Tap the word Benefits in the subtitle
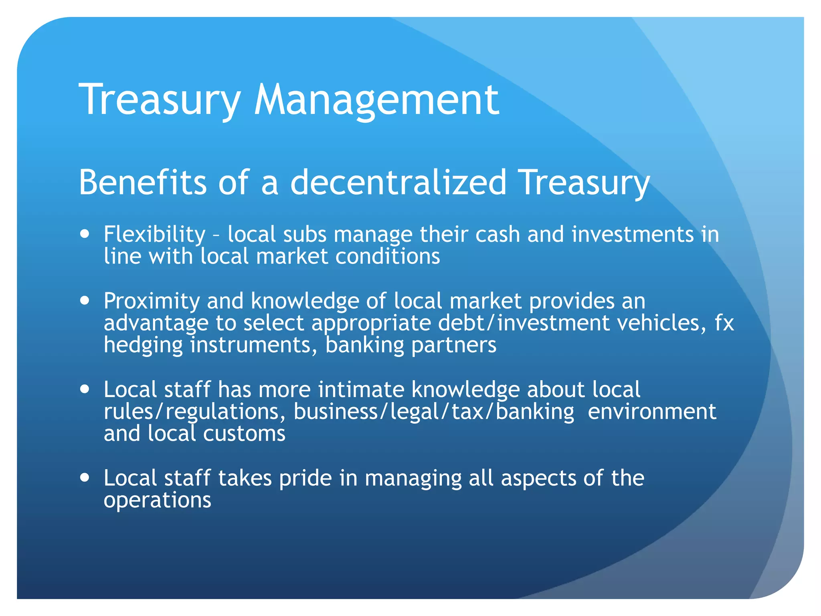143,182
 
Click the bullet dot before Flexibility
85,234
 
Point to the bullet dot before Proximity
85,300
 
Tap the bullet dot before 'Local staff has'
85,389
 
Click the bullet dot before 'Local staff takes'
85,478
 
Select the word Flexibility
154,234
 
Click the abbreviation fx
724,323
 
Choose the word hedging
143,345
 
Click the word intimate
361,389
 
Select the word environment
652,412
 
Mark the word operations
157,500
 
